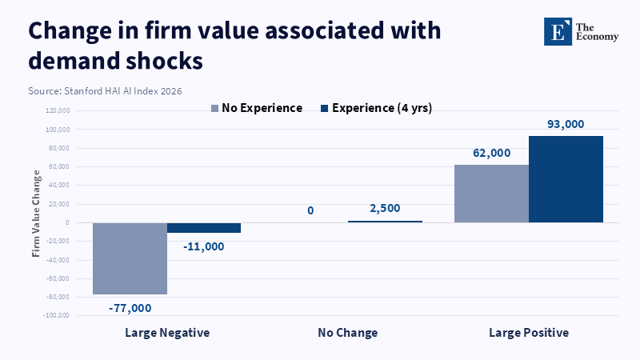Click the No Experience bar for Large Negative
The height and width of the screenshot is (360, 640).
130,258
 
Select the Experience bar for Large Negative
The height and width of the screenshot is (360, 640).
204,228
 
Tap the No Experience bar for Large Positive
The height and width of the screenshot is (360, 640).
491,194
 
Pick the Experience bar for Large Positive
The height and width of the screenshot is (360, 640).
566,179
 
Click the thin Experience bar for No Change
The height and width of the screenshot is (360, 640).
385,222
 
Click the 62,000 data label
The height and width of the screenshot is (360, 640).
491,152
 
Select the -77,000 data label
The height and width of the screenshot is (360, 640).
130,307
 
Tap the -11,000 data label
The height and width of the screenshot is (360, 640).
203,246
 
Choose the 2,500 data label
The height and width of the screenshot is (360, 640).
386,210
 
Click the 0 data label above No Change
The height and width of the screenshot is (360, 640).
310,210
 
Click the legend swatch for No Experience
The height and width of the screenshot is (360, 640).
214,108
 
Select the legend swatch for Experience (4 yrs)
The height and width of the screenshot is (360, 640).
324,108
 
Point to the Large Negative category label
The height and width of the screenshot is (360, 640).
167,332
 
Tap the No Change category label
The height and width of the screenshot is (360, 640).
347,332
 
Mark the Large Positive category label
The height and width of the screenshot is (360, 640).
529,332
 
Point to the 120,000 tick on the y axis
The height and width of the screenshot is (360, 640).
58,111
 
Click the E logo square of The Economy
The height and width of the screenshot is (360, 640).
558,30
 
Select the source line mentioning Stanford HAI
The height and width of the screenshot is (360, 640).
105,91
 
